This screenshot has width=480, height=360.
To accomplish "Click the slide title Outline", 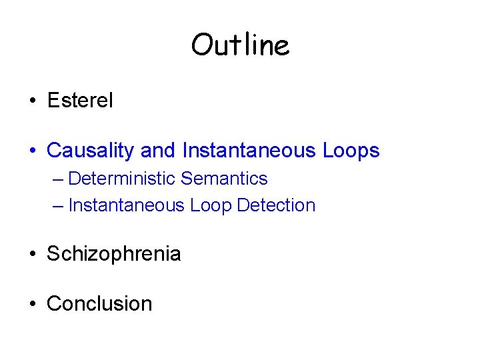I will point(240,45).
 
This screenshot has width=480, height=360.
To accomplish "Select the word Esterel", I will point(80,101).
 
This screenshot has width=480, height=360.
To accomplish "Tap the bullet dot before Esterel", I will point(32,101).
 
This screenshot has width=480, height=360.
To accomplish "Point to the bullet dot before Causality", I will point(32,151).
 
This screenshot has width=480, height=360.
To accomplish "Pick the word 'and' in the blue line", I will point(158,151).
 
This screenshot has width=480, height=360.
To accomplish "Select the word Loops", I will point(351,151).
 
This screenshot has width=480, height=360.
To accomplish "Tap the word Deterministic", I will point(122,179).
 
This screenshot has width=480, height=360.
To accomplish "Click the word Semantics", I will point(224,179).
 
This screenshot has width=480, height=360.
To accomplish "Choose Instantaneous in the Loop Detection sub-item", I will point(127,205).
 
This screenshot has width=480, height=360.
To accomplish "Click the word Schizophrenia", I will point(114,254).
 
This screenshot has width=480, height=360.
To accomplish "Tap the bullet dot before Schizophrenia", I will point(32,255).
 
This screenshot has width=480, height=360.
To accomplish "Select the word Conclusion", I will point(99,303).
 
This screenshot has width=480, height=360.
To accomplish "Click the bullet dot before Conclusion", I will point(32,304).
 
